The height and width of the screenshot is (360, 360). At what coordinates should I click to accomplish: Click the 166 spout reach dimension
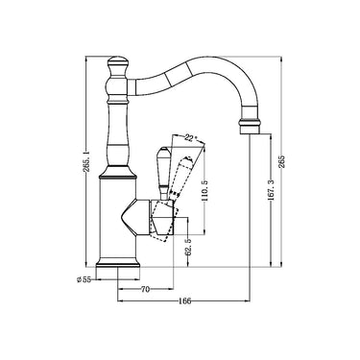(185, 301)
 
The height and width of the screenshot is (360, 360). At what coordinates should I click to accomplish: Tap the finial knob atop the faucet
(118, 68)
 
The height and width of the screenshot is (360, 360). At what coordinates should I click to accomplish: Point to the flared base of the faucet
(118, 261)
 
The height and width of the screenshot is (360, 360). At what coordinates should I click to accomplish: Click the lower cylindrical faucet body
(118, 226)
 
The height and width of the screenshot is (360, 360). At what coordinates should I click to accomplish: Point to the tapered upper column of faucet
(118, 134)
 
